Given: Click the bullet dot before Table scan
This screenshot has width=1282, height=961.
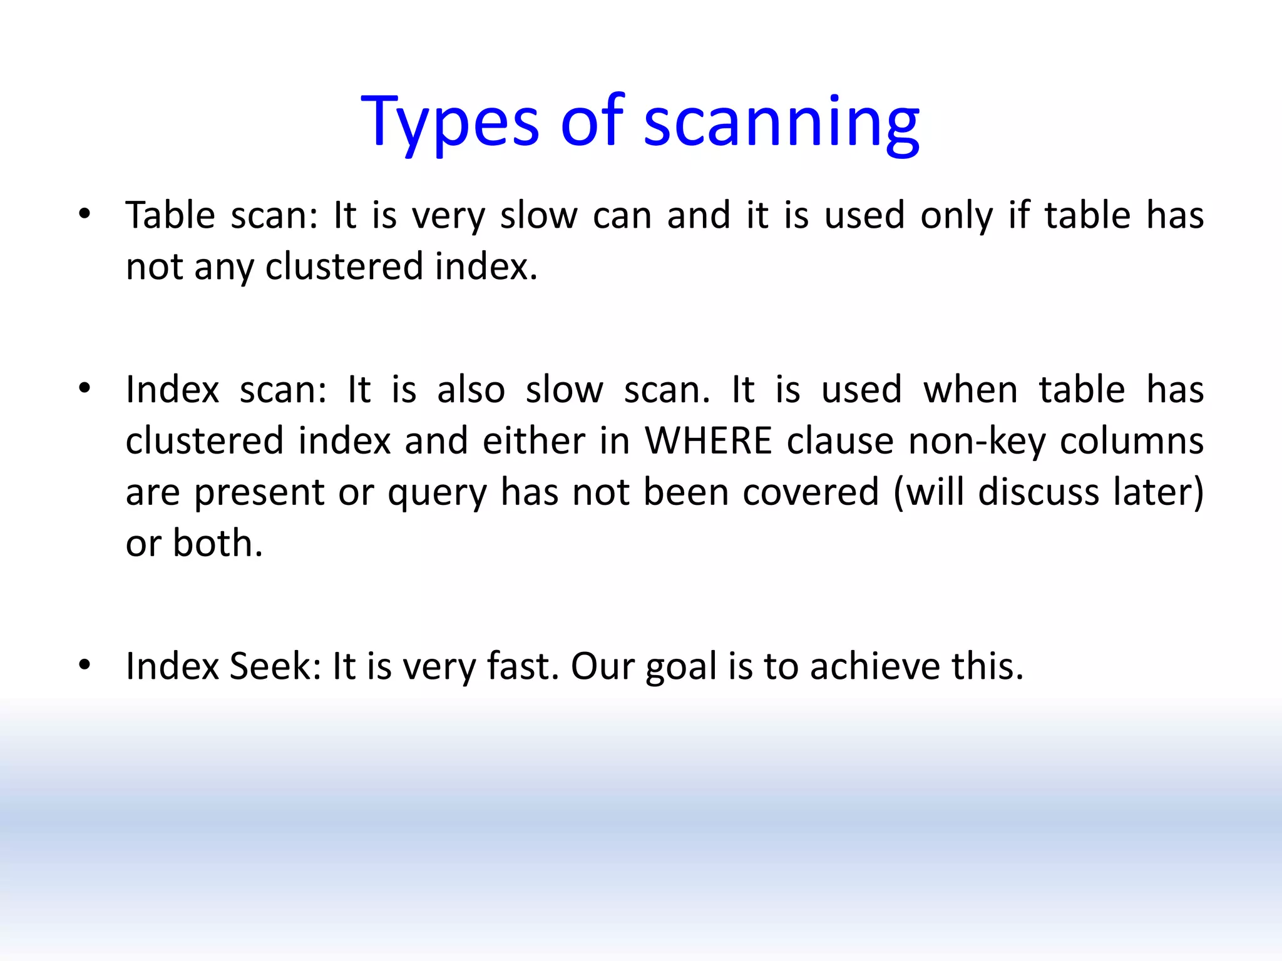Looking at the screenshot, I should (85, 215).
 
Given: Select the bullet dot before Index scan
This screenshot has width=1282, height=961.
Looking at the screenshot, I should (85, 389).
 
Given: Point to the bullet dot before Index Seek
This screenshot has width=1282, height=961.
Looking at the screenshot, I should (85, 665).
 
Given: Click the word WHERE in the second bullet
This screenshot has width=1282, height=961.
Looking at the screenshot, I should (709, 440).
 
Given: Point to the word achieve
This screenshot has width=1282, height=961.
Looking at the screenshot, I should (874, 666).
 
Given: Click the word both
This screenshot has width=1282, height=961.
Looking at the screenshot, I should (217, 543).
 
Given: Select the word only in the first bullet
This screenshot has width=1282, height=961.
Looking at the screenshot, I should (956, 216).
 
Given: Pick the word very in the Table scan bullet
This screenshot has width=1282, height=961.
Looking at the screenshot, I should (448, 216).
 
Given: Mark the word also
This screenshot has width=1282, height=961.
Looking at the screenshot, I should (471, 390).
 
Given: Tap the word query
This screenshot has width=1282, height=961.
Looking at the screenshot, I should (436, 493).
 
